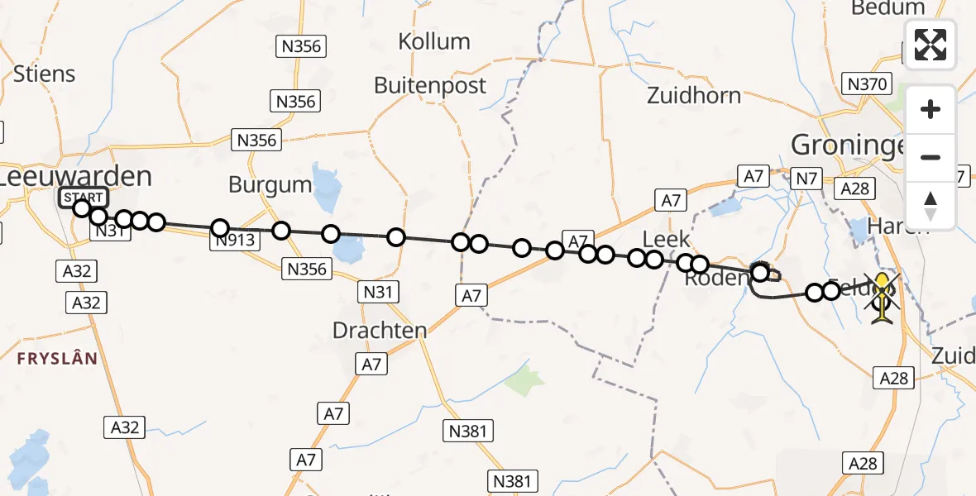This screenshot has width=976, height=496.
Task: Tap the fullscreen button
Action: point(931,45)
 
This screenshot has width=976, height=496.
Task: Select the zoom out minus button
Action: point(931,157)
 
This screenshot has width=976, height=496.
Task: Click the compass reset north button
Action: point(931,205)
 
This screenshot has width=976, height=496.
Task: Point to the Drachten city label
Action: point(380,330)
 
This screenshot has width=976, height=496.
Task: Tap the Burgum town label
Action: point(270,184)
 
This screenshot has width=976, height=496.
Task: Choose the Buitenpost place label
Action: point(430,85)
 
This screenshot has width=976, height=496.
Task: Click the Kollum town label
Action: point(433,41)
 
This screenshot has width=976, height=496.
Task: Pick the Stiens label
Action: point(44,74)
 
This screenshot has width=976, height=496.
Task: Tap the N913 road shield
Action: point(237,241)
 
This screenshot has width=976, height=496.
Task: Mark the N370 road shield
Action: point(866,83)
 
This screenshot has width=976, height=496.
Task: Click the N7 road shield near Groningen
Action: point(806,178)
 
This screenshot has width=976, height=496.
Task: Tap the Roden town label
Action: point(716,278)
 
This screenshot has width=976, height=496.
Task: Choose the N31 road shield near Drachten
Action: point(380,291)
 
